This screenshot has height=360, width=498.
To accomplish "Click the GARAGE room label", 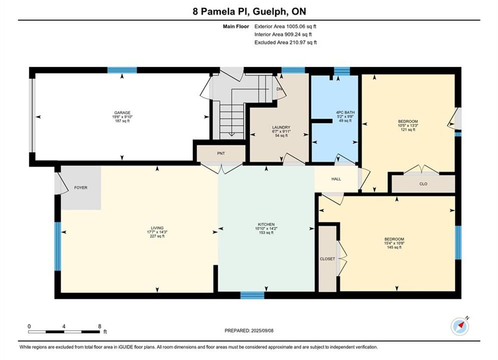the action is point(122,112).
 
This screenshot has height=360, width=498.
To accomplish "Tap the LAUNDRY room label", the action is point(281,127).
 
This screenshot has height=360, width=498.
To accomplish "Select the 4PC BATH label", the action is point(345,112).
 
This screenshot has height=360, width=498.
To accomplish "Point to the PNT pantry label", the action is point(221,153).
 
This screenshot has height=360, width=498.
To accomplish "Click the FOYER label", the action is point(81,187).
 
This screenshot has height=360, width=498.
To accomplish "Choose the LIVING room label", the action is point(157,227).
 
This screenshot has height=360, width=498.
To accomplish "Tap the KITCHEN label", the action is point(266,224).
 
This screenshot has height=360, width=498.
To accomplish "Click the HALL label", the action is point(336,179).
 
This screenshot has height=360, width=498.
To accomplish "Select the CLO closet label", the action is point(423,183).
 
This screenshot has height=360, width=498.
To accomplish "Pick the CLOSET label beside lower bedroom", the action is point(327,259).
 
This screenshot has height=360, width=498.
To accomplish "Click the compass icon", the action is point(459,325).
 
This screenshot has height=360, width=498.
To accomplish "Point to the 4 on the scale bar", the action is point(64,326).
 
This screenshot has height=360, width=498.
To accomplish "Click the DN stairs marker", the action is point(279,89).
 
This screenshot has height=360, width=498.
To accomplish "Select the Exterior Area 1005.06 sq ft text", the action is point(285,26).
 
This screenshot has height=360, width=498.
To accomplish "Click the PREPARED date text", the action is point(249,330).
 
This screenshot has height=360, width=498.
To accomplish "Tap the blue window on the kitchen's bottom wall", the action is point(252,295).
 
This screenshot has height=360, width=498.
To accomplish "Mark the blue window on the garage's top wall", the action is point(122,70).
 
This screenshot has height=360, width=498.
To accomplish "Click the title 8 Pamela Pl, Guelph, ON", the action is point(249,11).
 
